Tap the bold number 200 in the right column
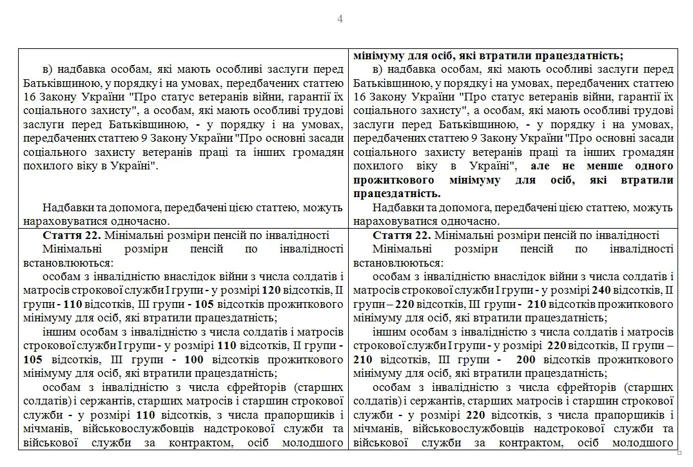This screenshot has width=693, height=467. (x=527, y=358)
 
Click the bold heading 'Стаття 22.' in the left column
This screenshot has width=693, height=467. (x=68, y=235)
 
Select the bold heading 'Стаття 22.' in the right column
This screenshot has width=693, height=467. (x=398, y=235)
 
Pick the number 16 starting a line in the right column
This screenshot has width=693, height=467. (x=360, y=96)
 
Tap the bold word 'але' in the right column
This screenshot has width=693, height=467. (x=539, y=166)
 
